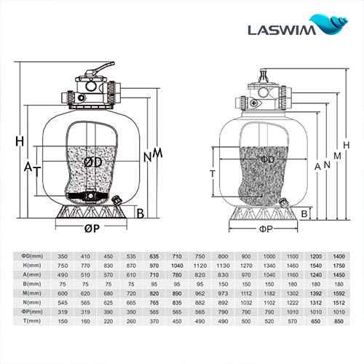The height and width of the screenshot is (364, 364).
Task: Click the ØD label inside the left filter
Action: point(92,162)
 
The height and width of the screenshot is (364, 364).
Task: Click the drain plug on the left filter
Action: point(116,197)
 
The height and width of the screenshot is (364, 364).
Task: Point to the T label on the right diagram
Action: point(212,174)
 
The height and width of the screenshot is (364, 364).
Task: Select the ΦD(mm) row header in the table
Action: point(30,256)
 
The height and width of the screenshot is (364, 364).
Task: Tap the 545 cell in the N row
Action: point(63,301)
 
